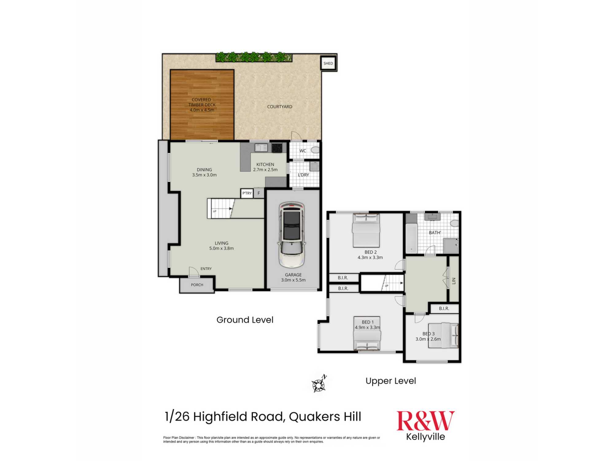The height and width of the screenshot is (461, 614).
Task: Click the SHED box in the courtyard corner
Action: point(328,63)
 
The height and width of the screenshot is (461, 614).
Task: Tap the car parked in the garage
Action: point(292,234)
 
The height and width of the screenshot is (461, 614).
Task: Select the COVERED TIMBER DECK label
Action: point(202,105)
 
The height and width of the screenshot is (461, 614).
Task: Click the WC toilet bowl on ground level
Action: point(315,150)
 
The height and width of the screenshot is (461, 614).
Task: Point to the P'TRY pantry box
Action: point(247,193)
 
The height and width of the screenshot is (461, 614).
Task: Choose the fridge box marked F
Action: point(259,193)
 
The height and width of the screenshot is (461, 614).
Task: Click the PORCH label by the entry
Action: point(197,285)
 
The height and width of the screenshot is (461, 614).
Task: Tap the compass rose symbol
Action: point(319,384)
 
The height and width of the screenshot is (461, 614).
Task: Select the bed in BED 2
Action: point(366,230)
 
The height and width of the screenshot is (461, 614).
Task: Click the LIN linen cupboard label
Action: point(454,281)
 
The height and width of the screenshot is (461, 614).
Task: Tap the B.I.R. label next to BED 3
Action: point(444,309)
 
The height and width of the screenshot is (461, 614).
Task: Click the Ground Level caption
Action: point(245,320)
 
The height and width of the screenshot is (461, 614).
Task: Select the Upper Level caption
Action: point(391,381)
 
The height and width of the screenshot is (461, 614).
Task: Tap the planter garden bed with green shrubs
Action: point(254,57)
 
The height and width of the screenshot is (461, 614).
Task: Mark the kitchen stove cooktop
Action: point(277,148)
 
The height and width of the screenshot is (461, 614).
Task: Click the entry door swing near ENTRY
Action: point(193,272)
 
